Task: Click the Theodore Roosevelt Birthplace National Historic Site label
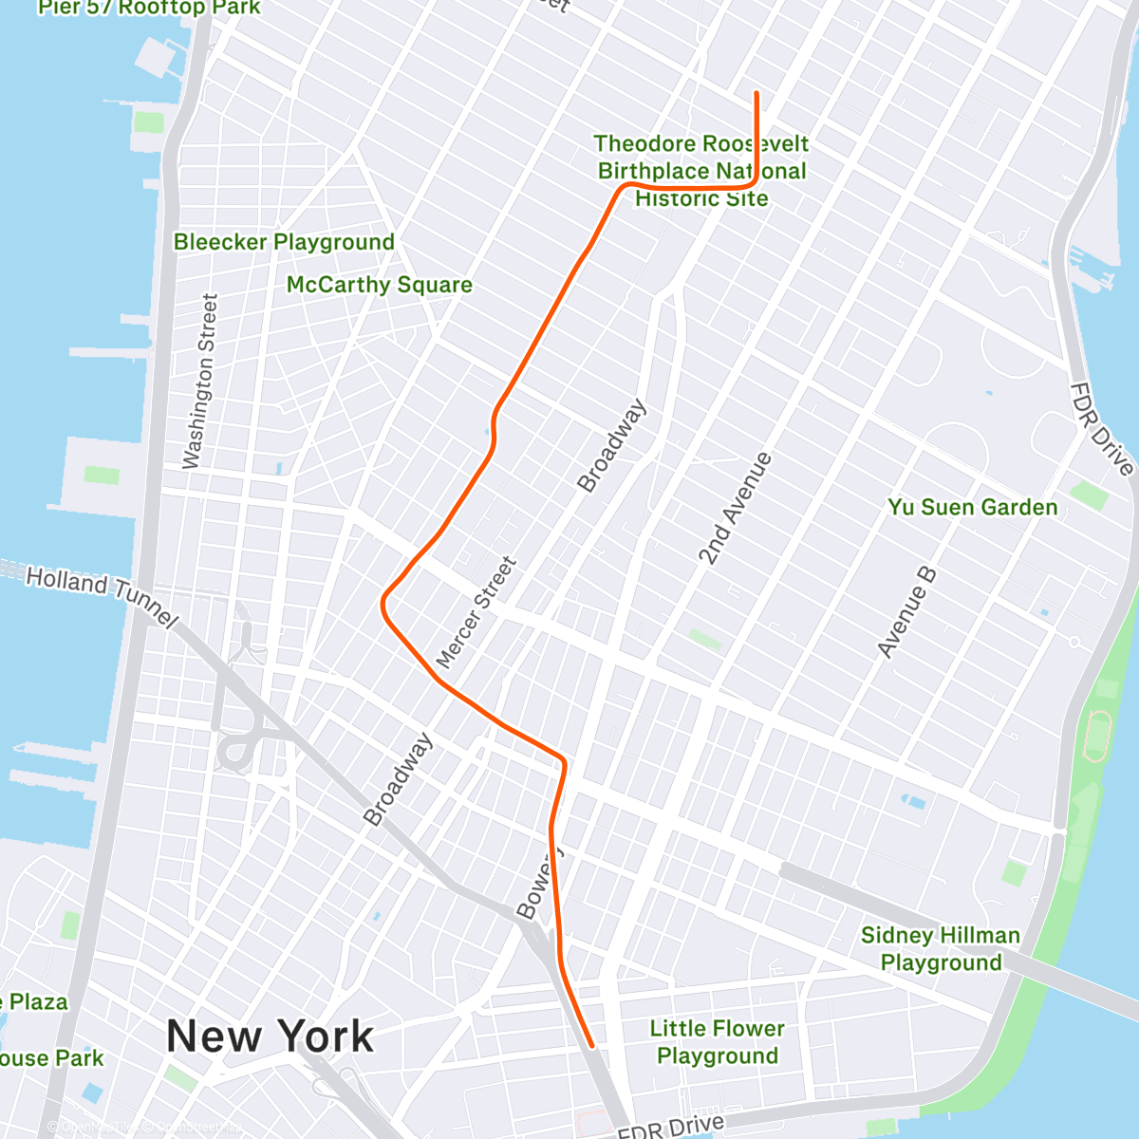coord(701,171)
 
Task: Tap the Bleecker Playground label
coord(284,242)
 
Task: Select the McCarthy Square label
coord(379,285)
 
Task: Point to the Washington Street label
coord(200,381)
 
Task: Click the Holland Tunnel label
coord(101,595)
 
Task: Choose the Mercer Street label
coord(476,612)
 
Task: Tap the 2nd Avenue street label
coord(735,509)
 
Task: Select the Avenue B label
coord(906,612)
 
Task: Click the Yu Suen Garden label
coord(972,507)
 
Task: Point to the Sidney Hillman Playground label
coord(941,949)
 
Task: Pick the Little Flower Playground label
coord(718,1042)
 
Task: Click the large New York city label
coord(271,1036)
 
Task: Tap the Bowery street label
coord(540,883)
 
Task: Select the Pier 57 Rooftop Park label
coord(149,8)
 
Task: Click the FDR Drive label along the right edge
coord(1101,428)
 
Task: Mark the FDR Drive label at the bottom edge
coord(670,1127)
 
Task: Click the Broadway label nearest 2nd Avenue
coord(612,446)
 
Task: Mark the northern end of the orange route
coord(756,93)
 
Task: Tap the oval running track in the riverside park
coord(1099,736)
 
